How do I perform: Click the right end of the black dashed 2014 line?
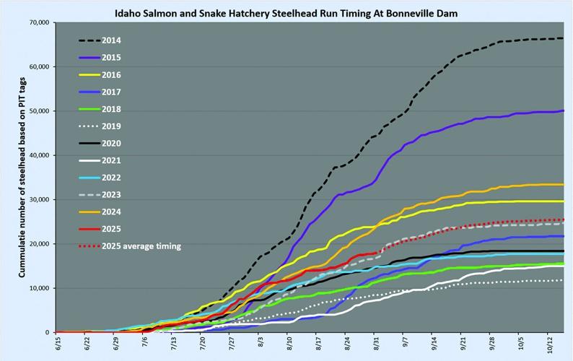click(x=563, y=38)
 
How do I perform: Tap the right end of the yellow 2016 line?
click(x=563, y=201)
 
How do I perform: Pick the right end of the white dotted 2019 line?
click(x=563, y=280)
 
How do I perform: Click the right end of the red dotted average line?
click(x=563, y=219)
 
